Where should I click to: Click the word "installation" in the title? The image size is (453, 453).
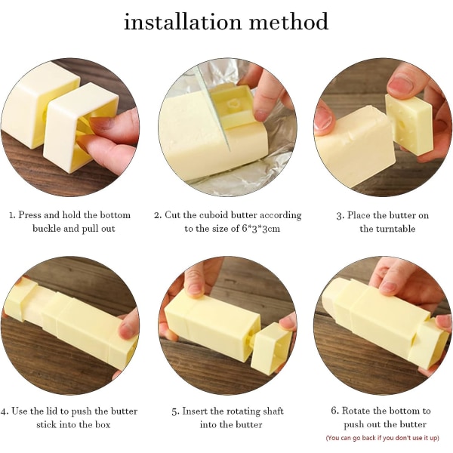coord(182,21)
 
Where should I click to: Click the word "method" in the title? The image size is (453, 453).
coord(289,21)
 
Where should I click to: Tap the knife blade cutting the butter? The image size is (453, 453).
coord(213,109)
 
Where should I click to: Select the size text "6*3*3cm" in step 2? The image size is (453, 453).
coord(261,229)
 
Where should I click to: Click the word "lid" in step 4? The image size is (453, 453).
coord(51,411)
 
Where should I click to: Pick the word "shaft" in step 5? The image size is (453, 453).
coord(272,411)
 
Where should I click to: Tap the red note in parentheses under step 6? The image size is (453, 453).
coord(383,438)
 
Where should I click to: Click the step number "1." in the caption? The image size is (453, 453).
coord(12,215)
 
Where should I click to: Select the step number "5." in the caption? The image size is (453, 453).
coord(175,411)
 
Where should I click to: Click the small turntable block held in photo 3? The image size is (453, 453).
coord(408,125)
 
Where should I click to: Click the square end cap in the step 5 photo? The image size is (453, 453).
coord(271,347)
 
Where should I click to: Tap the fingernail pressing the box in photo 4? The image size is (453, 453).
coord(126,328)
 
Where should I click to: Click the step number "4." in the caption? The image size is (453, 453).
coord(5,411)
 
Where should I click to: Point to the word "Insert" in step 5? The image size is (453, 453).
coord(195,411)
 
